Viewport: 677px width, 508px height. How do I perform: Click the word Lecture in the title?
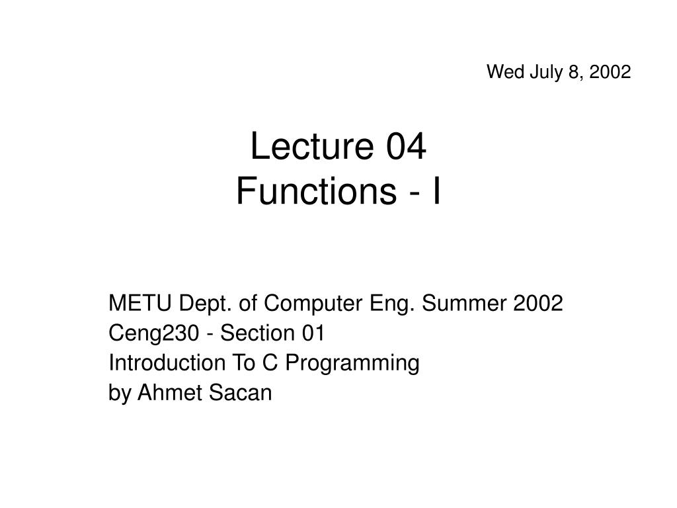tap(301, 148)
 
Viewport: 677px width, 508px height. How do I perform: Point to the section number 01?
tap(313, 334)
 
